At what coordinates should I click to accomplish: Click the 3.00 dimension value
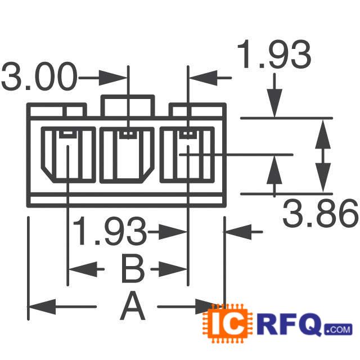38,77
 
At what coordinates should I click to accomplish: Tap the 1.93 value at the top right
274,55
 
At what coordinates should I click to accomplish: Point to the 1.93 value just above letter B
109,232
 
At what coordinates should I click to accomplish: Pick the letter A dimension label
133,307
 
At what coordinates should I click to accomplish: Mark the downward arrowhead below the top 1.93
274,104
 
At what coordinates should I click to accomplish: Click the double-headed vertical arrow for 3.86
322,155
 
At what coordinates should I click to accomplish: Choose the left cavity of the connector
69,155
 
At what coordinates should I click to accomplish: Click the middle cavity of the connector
127,155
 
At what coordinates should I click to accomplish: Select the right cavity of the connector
187,155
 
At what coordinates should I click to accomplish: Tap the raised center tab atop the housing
127,105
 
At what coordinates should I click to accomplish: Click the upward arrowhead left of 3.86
274,169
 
